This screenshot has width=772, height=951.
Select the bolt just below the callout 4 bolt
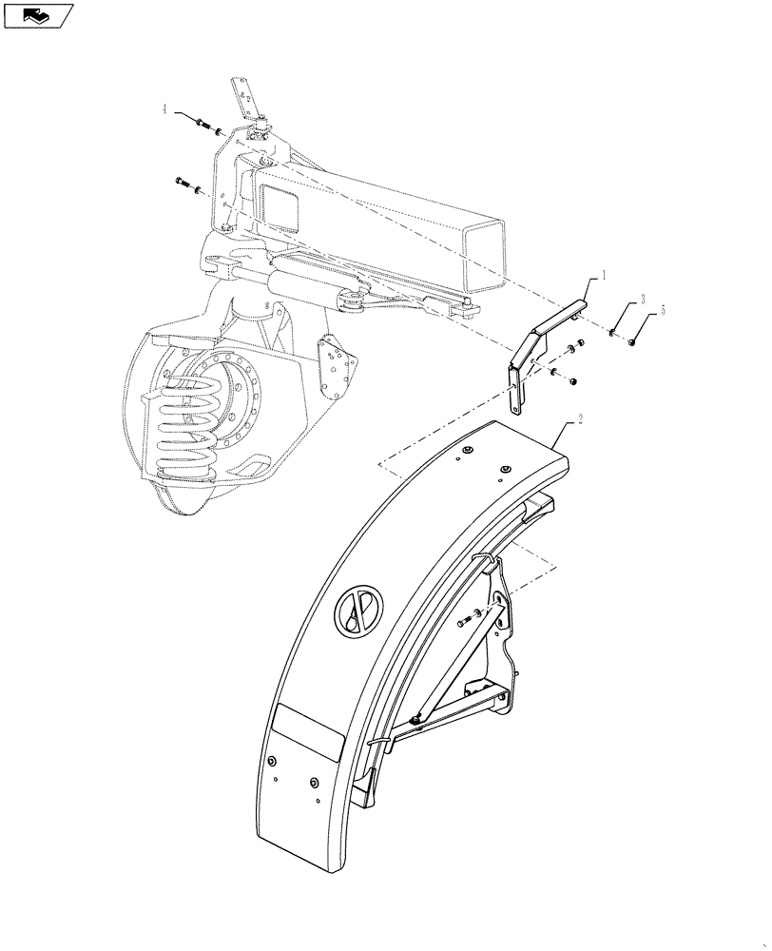185,184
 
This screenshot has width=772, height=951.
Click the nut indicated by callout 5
631,342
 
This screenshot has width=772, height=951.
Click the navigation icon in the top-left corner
38,15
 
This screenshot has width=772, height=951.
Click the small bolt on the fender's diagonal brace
463,622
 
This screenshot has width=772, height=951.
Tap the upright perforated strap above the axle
243,100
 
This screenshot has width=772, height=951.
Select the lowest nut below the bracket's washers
574,380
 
